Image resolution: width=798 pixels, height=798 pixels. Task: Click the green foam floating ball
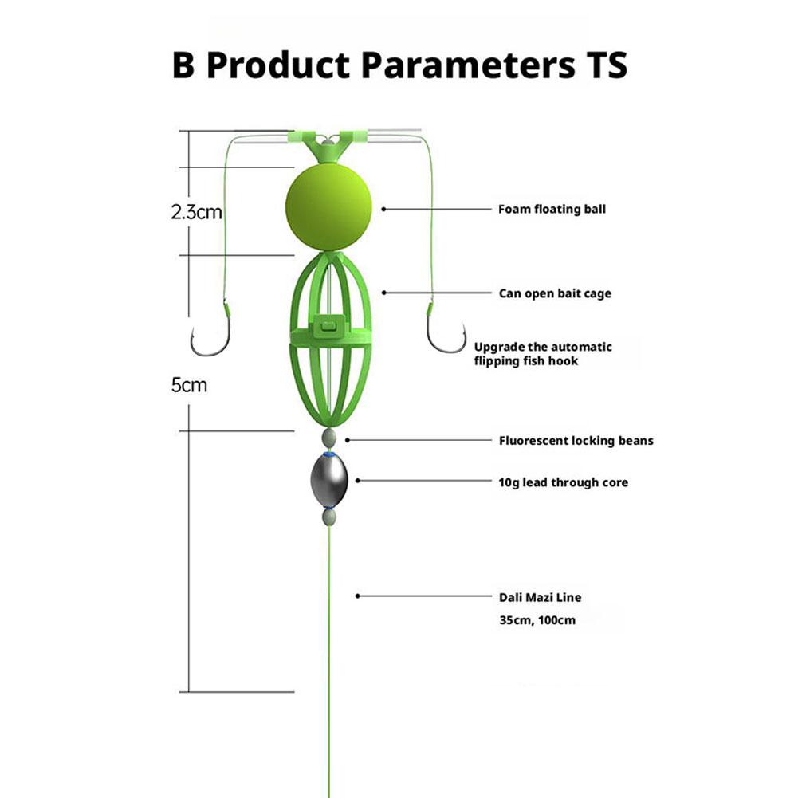[x=328, y=207]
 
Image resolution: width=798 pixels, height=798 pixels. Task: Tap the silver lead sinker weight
[x=329, y=481]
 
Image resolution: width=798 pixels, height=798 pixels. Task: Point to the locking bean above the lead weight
[x=329, y=438]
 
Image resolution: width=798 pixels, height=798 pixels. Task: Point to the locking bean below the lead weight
[x=329, y=517]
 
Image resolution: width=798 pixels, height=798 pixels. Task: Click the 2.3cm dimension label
[x=196, y=212]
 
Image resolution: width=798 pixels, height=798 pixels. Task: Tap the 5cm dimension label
[x=189, y=385]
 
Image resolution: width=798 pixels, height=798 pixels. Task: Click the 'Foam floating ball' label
[x=552, y=209]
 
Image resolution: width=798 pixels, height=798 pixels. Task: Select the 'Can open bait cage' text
[x=555, y=293]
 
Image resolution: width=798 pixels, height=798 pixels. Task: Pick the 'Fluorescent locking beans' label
[x=576, y=441]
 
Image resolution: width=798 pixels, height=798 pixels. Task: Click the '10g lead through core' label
[x=564, y=482]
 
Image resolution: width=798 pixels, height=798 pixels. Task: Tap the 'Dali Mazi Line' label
[x=540, y=597]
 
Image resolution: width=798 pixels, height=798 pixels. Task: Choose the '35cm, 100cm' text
[x=537, y=620]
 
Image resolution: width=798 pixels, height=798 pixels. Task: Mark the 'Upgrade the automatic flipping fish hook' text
[x=543, y=354]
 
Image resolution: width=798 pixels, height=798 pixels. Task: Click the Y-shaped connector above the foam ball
[x=328, y=146]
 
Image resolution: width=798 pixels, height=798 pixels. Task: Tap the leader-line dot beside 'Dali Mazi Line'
[x=358, y=596]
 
